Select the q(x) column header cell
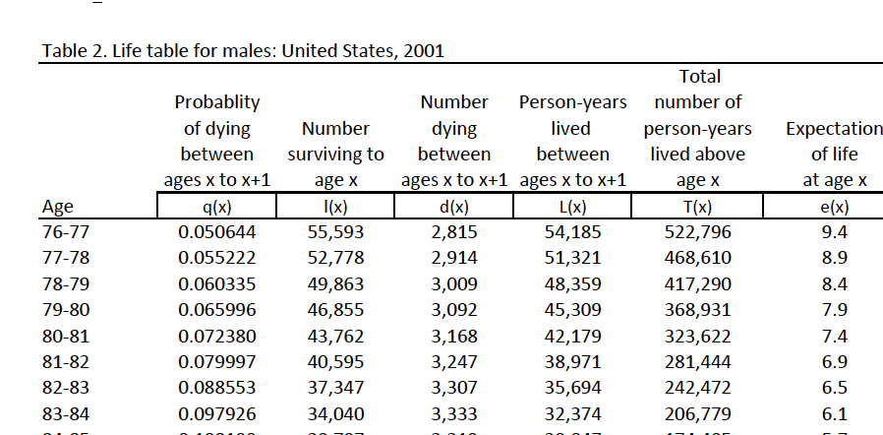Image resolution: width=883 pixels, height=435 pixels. point(216,207)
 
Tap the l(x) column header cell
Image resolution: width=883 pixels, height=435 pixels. point(335,207)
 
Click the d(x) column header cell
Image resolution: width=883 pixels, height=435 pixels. point(453,207)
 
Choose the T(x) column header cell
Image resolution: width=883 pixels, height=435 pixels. point(697,207)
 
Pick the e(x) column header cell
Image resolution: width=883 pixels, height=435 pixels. point(834,207)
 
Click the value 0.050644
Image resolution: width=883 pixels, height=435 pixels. point(216,232)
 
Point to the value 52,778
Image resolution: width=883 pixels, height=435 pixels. point(335,258)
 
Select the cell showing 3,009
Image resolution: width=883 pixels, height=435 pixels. point(453,283)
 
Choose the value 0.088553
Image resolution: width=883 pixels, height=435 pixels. point(216,386)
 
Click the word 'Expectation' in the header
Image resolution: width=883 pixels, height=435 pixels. point(834,128)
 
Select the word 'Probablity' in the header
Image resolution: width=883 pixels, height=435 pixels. point(216,102)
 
